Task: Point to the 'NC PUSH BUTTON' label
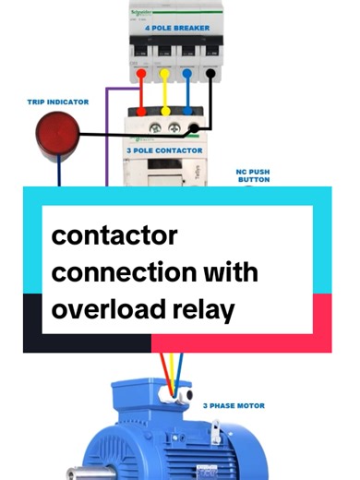coord(253,175)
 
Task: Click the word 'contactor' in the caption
coord(114,237)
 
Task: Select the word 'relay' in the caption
coord(206,309)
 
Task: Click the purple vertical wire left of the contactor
coord(108,138)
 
